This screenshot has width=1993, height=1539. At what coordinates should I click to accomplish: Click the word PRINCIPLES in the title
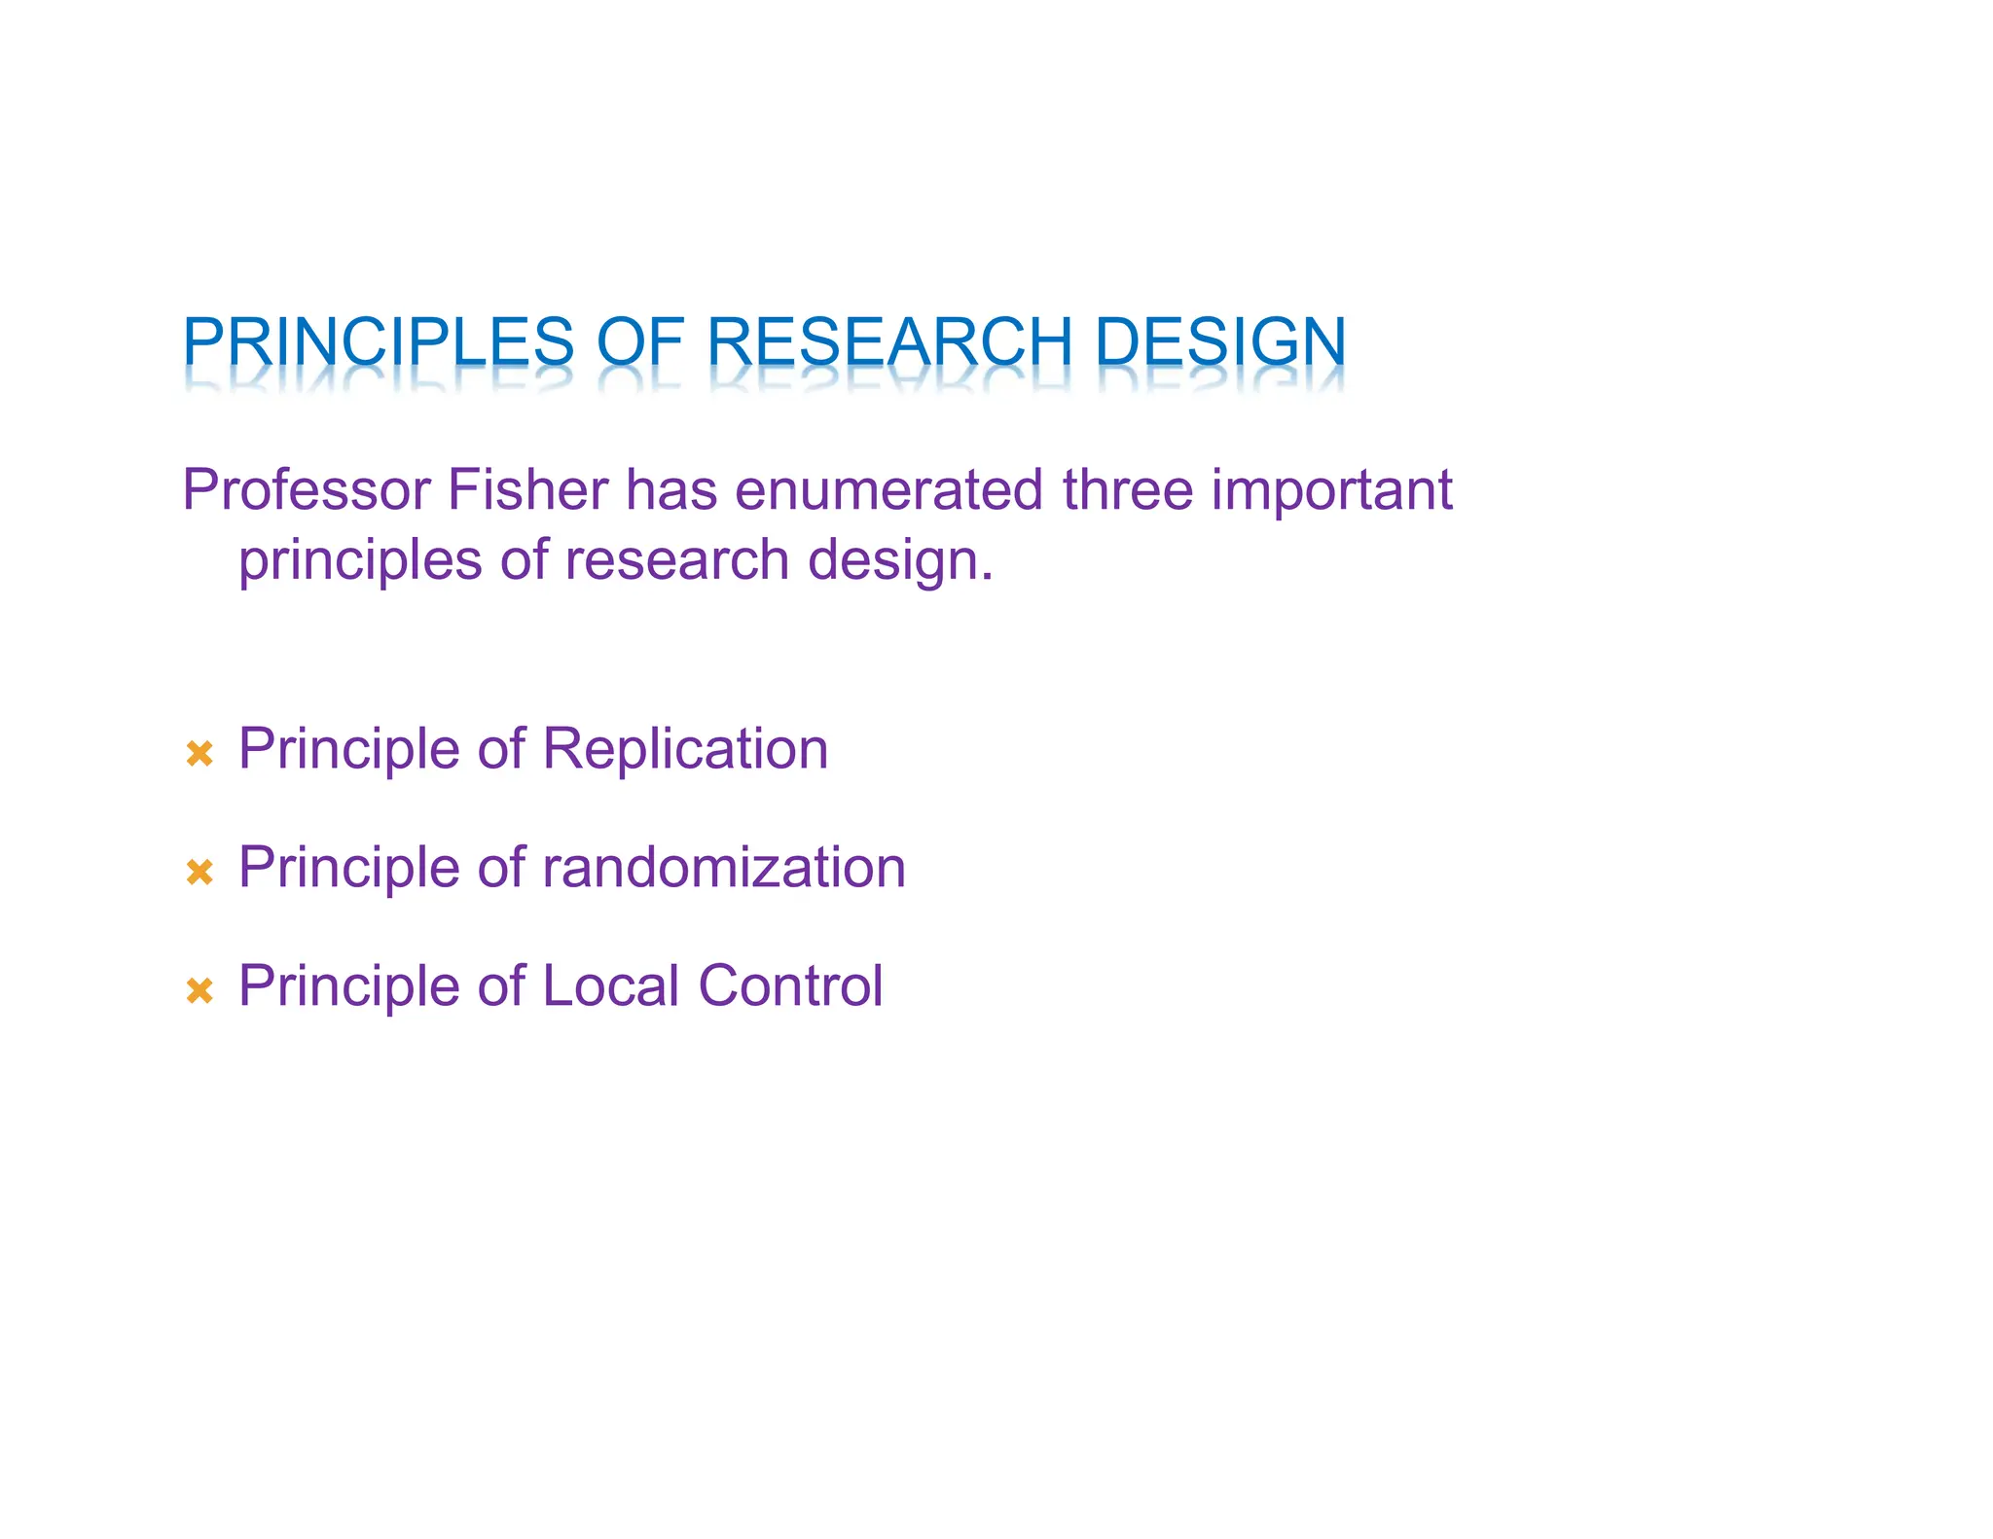coord(379,342)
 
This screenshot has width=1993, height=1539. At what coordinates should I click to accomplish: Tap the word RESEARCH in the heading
coord(888,342)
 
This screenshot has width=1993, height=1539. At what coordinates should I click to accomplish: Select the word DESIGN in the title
coord(1220,342)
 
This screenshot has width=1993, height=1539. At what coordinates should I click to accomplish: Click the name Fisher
coord(527,490)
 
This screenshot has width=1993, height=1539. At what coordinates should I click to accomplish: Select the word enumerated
coord(888,490)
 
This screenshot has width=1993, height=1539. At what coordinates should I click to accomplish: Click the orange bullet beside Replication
coord(199,753)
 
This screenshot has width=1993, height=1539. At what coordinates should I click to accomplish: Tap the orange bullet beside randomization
coord(199,872)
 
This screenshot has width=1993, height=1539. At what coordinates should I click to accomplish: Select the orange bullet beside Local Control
coord(199,990)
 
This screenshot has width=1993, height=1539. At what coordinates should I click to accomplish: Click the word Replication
coord(685,750)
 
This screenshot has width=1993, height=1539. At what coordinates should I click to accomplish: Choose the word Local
coord(610,986)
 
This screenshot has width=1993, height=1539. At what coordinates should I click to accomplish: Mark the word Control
coord(790,986)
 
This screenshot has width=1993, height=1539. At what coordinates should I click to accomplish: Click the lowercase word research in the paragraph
coord(676,561)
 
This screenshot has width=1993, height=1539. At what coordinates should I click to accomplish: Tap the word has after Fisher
coord(670,490)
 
